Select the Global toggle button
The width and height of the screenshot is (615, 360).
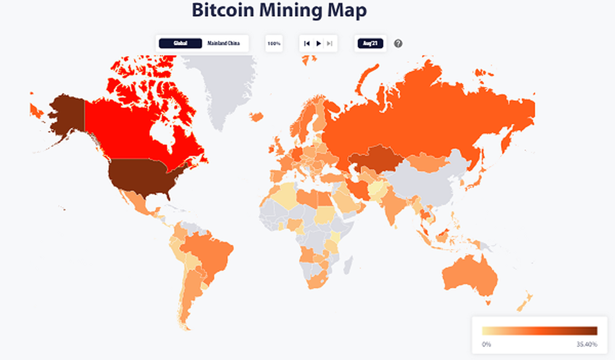pyautogui.click(x=180, y=44)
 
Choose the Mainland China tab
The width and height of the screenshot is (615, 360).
pyautogui.click(x=223, y=44)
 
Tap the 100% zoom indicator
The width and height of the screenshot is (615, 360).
pyautogui.click(x=274, y=44)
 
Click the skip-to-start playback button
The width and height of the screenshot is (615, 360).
pyautogui.click(x=306, y=44)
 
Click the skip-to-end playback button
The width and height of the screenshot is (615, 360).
pyautogui.click(x=330, y=44)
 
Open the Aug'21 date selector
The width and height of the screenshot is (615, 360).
pyautogui.click(x=370, y=44)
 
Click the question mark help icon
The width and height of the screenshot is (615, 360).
pyautogui.click(x=398, y=44)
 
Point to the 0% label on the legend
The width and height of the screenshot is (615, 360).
pyautogui.click(x=487, y=344)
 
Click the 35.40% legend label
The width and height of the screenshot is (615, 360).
pyautogui.click(x=586, y=344)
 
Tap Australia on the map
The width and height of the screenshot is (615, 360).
pyautogui.click(x=469, y=277)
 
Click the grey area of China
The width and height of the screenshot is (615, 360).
pyautogui.click(x=425, y=185)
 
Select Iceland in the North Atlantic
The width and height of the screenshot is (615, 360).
pyautogui.click(x=257, y=116)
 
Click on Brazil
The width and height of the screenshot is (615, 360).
pyautogui.click(x=208, y=254)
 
